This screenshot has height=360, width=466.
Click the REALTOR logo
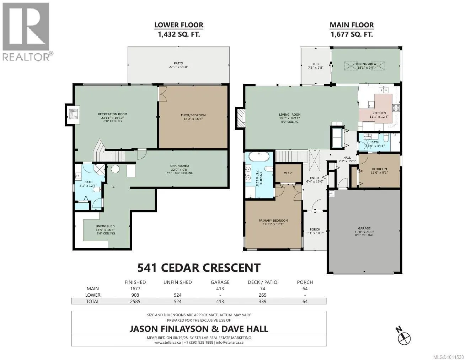(27, 31)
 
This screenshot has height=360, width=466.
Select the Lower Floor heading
(179, 25)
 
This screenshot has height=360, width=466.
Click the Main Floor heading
(352, 25)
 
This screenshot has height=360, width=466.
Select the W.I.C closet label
(288, 173)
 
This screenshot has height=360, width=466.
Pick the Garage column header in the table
(220, 282)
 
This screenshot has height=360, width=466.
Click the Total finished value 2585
(135, 301)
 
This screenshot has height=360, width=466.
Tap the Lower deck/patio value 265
(262, 295)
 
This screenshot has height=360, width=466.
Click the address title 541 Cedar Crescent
(199, 268)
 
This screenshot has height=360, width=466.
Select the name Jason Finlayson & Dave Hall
(199, 329)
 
